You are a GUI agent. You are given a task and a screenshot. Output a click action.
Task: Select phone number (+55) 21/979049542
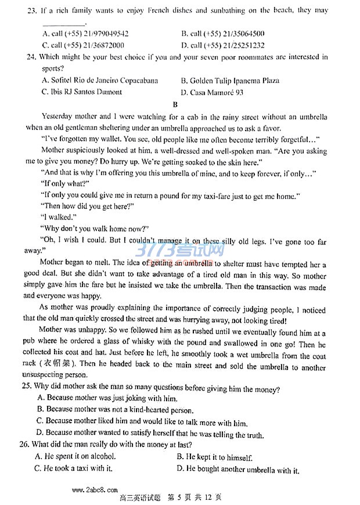(x=85, y=34)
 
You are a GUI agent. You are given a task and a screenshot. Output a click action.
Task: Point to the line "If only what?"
(x=66, y=183)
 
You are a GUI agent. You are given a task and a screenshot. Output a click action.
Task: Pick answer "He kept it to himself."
(x=215, y=457)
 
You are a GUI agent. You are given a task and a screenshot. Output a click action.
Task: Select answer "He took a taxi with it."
(x=74, y=468)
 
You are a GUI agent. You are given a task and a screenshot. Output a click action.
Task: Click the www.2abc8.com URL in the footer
(x=95, y=490)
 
